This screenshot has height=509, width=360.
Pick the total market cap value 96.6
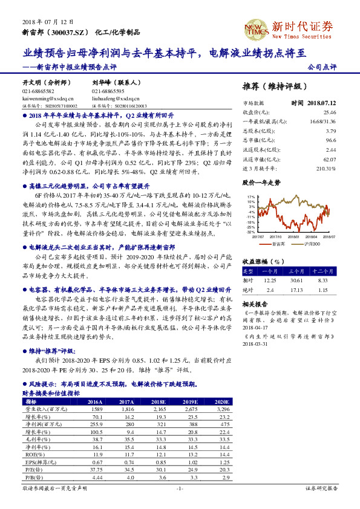point(330,140)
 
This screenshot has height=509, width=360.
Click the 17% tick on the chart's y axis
point(251,198)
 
